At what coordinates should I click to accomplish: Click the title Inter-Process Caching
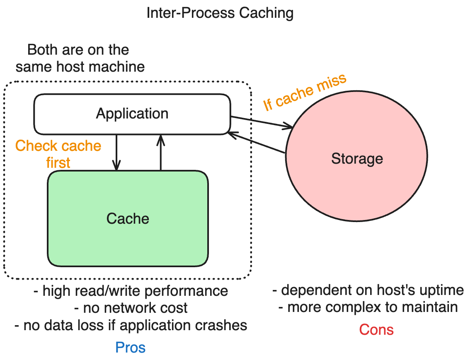tap(220, 13)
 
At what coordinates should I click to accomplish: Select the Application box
tap(132, 114)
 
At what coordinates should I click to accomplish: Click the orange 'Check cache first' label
tap(58, 154)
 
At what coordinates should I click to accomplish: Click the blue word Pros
tap(130, 347)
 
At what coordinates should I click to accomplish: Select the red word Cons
tap(376, 329)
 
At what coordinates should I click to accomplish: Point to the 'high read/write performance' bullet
tap(131, 291)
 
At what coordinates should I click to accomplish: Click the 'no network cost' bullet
tap(131, 308)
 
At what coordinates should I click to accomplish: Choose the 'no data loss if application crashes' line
tap(131, 325)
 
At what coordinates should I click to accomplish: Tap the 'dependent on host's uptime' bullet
tap(368, 290)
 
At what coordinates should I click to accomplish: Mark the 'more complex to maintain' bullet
tap(368, 307)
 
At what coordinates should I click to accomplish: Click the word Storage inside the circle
tap(357, 159)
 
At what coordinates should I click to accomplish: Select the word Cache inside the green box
tap(128, 218)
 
